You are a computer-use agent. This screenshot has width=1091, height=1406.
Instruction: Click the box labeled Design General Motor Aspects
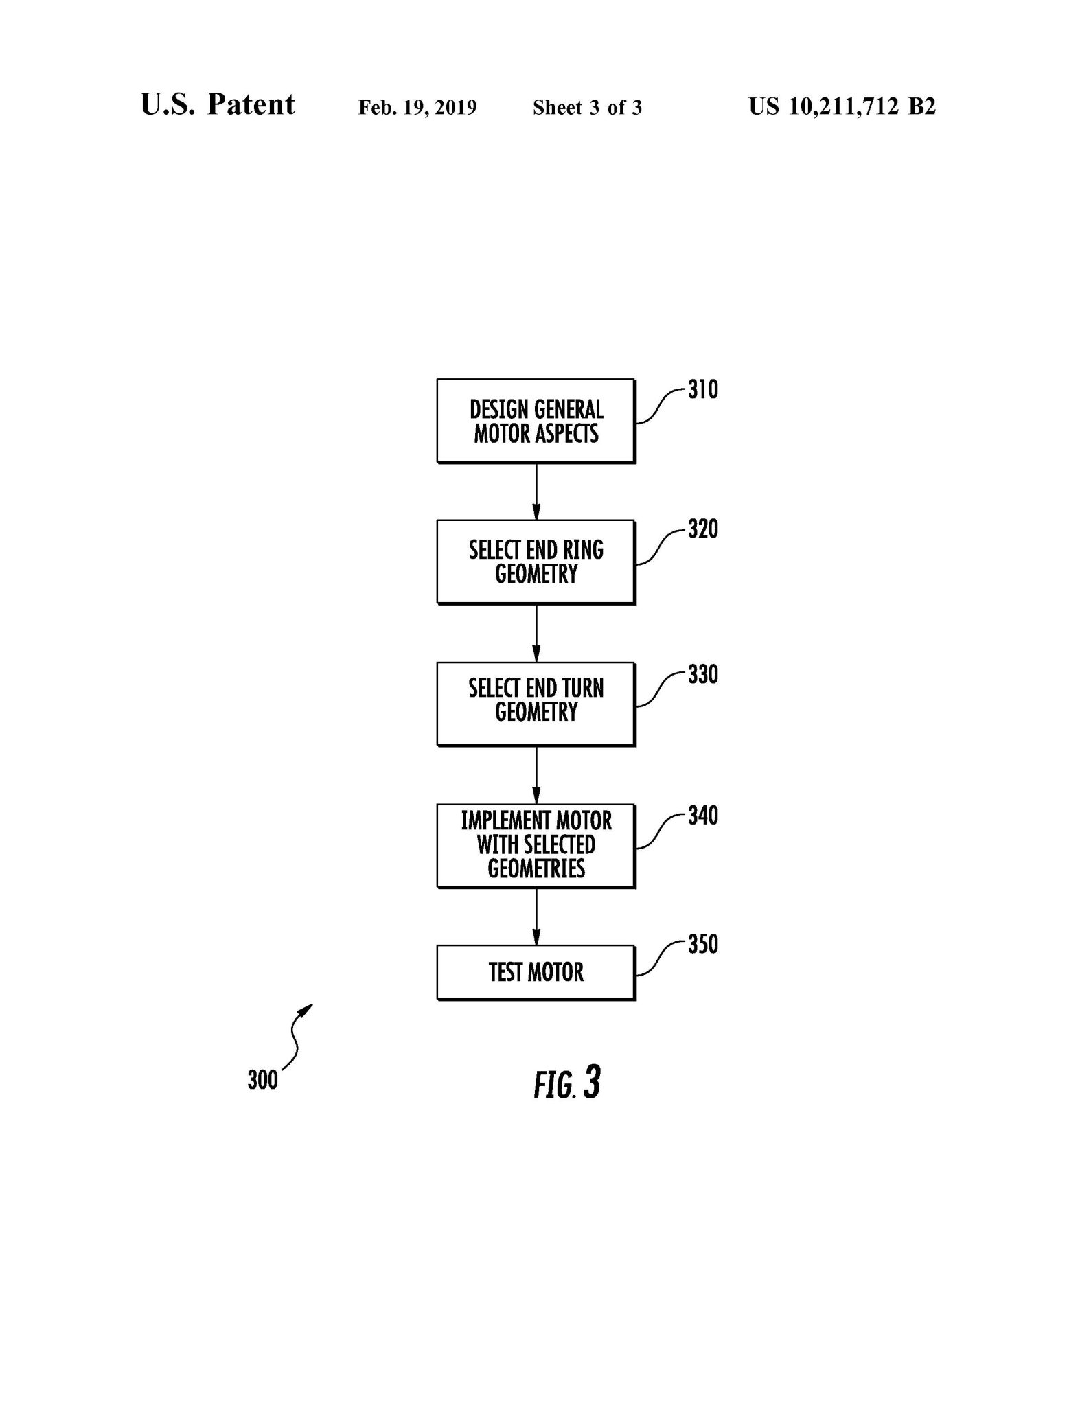coord(536,421)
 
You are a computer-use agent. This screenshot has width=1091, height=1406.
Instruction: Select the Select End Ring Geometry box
coord(536,562)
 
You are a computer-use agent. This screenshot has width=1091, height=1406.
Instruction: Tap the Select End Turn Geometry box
coord(536,704)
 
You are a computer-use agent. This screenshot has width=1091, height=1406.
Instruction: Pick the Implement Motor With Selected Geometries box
coord(536,845)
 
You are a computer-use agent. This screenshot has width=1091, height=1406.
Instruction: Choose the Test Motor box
coord(536,972)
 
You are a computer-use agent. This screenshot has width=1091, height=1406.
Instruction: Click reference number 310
coord(703,390)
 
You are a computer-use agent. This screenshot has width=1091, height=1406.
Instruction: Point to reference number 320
coord(703,529)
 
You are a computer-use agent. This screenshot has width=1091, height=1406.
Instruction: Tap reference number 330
coord(703,674)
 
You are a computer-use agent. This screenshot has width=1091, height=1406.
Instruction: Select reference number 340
coord(703,816)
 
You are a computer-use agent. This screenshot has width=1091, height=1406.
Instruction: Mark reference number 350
coord(703,944)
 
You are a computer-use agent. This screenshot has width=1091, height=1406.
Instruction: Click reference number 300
coord(262,1080)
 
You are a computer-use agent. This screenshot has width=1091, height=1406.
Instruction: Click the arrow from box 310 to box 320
coord(536,492)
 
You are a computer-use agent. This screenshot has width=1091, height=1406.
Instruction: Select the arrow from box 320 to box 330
coord(536,633)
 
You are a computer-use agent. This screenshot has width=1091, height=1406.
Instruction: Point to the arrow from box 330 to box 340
coord(536,774)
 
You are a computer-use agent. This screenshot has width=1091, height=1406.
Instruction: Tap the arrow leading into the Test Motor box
coord(536,917)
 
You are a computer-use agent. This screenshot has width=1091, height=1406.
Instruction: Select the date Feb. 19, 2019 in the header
coord(417,108)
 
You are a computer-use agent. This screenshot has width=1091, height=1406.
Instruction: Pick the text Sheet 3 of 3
coord(587,108)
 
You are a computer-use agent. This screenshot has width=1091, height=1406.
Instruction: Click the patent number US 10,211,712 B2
coord(842,106)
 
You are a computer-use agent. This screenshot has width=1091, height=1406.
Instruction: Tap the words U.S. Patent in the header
coord(218,105)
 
